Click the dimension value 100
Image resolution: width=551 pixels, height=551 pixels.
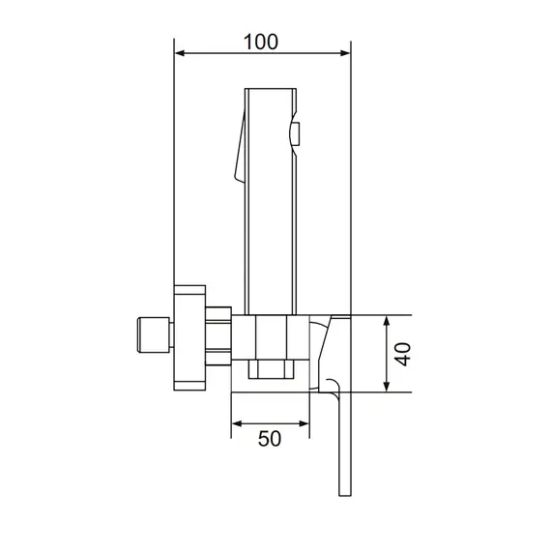pos(261,42)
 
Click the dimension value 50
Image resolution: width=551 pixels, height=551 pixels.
pos(270,439)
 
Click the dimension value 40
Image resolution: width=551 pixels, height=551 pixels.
pos(402,354)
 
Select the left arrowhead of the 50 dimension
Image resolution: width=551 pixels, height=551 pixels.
pos(237,423)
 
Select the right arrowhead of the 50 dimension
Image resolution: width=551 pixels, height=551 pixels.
pos(304,423)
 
